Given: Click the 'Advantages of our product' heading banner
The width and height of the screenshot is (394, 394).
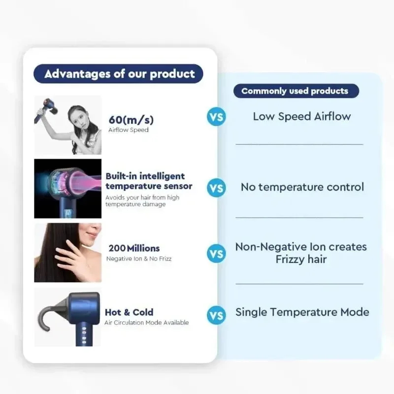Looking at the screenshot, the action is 118,73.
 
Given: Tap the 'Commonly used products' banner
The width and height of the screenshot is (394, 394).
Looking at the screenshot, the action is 296,91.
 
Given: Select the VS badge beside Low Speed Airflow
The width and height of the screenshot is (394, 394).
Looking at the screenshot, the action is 216,117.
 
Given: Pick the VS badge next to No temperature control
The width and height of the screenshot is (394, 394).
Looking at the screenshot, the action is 216,188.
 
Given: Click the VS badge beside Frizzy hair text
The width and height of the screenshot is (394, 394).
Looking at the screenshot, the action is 216,254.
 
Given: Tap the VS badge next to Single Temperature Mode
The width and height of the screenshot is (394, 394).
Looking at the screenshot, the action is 216,315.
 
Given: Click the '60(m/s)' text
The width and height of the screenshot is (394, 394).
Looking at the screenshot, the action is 131,120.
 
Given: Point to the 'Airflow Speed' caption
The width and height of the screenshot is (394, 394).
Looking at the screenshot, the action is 129,130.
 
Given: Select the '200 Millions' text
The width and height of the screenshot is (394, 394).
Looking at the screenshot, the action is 134,248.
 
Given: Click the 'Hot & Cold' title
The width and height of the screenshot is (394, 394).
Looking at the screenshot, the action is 129,312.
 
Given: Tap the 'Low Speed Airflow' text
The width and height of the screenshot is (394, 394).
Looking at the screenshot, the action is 302,116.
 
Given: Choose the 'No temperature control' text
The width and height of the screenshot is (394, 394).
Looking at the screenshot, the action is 302,187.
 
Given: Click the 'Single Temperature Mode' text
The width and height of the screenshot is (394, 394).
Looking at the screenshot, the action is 302,312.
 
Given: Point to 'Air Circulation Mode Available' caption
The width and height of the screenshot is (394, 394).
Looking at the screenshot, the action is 146,323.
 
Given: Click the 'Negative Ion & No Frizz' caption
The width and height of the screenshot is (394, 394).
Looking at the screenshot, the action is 139,259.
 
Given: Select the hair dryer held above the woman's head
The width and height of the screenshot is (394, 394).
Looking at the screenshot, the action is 47,109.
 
